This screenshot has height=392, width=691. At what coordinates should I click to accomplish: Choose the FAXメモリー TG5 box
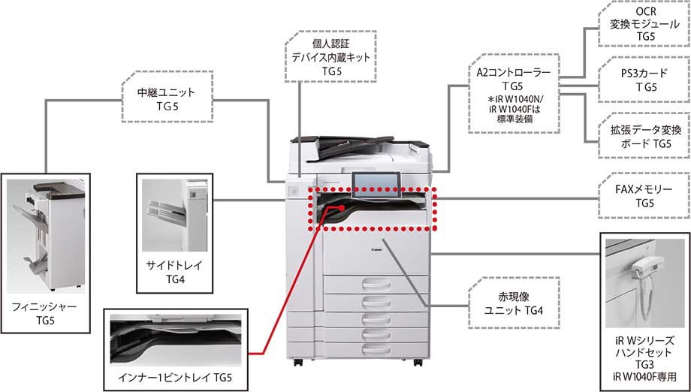click(x=645, y=197)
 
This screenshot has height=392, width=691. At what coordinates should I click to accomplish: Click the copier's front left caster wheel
click(x=300, y=363)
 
